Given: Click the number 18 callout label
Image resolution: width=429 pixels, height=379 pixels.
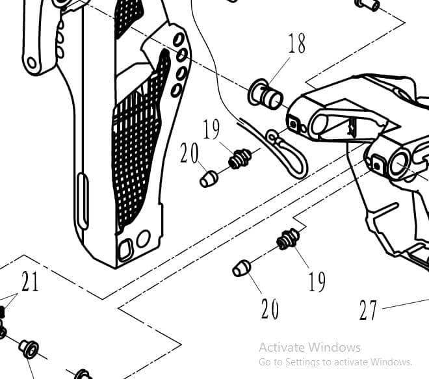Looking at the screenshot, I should click(x=296, y=44).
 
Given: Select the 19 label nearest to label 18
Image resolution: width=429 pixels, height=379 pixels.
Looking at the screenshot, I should click(x=211, y=129).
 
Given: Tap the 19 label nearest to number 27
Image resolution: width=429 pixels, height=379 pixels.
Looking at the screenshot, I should click(x=317, y=281).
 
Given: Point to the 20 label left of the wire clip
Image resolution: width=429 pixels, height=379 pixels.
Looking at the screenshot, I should click(x=189, y=153).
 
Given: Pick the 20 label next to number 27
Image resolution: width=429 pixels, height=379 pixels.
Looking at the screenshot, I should click(x=270, y=309).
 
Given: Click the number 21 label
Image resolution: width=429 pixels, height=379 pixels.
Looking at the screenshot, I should click(x=30, y=282).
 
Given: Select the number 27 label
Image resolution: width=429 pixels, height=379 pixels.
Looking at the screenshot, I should click(x=368, y=310).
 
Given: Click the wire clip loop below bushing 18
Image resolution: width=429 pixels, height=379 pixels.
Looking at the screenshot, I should click(x=290, y=155).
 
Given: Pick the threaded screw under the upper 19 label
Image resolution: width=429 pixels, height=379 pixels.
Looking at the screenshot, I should click(x=240, y=157).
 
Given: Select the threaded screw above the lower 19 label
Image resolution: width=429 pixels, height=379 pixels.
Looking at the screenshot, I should click(x=287, y=239).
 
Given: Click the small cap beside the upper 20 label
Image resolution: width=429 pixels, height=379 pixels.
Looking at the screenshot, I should click(x=208, y=178).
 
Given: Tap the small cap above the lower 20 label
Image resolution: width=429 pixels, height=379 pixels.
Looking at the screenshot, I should click(x=241, y=268).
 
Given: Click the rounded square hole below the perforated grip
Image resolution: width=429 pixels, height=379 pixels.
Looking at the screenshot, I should click(x=126, y=248).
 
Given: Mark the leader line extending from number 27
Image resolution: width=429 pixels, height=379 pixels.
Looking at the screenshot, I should click(x=406, y=303).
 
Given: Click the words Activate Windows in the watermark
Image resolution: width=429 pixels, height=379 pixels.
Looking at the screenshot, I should click(x=309, y=347).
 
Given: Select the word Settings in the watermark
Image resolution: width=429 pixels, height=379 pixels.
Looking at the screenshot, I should click(x=303, y=361).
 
